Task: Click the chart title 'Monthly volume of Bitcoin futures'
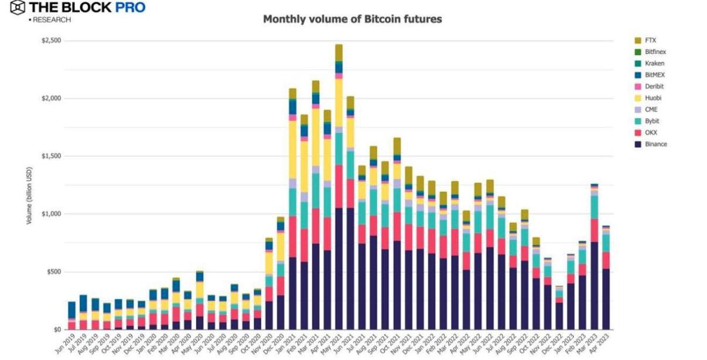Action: click(x=352, y=19)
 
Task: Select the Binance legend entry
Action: click(x=655, y=144)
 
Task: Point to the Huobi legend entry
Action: click(x=652, y=98)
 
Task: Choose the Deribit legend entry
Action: click(x=654, y=86)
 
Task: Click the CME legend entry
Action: click(x=651, y=110)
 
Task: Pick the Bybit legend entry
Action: click(x=652, y=121)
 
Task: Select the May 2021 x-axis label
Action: click(x=334, y=342)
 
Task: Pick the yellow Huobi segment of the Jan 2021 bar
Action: click(x=293, y=150)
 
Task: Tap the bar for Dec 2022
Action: click(x=559, y=308)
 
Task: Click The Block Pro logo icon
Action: click(x=18, y=8)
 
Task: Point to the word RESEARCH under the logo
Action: click(x=52, y=20)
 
